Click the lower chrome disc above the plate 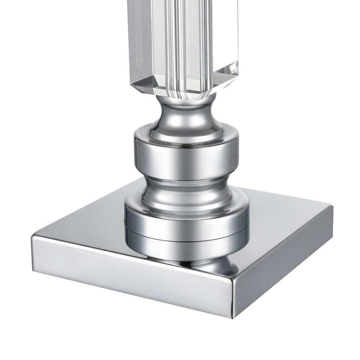186,220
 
